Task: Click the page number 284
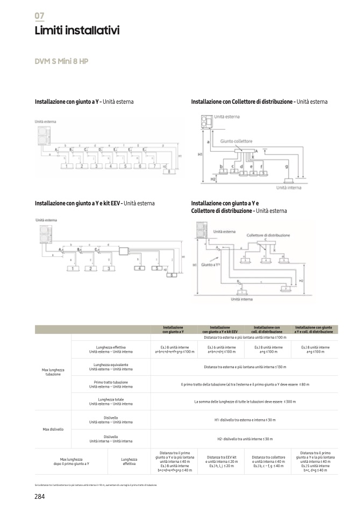coord(39,496)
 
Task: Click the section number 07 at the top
coord(39,16)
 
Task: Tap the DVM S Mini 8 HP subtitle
coord(61,61)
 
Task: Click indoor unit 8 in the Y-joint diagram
coord(171,172)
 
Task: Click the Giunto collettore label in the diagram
coord(235,141)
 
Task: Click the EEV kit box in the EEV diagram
coord(125,251)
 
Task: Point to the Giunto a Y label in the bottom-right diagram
coord(211,265)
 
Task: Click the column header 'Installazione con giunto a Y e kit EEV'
coord(220,330)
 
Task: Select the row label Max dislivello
coord(53,430)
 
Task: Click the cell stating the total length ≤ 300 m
coord(245,401)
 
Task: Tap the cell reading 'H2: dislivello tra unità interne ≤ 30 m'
coord(245,439)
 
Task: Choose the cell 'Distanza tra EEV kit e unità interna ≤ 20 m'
coord(220,462)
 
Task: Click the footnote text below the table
coord(96,485)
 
